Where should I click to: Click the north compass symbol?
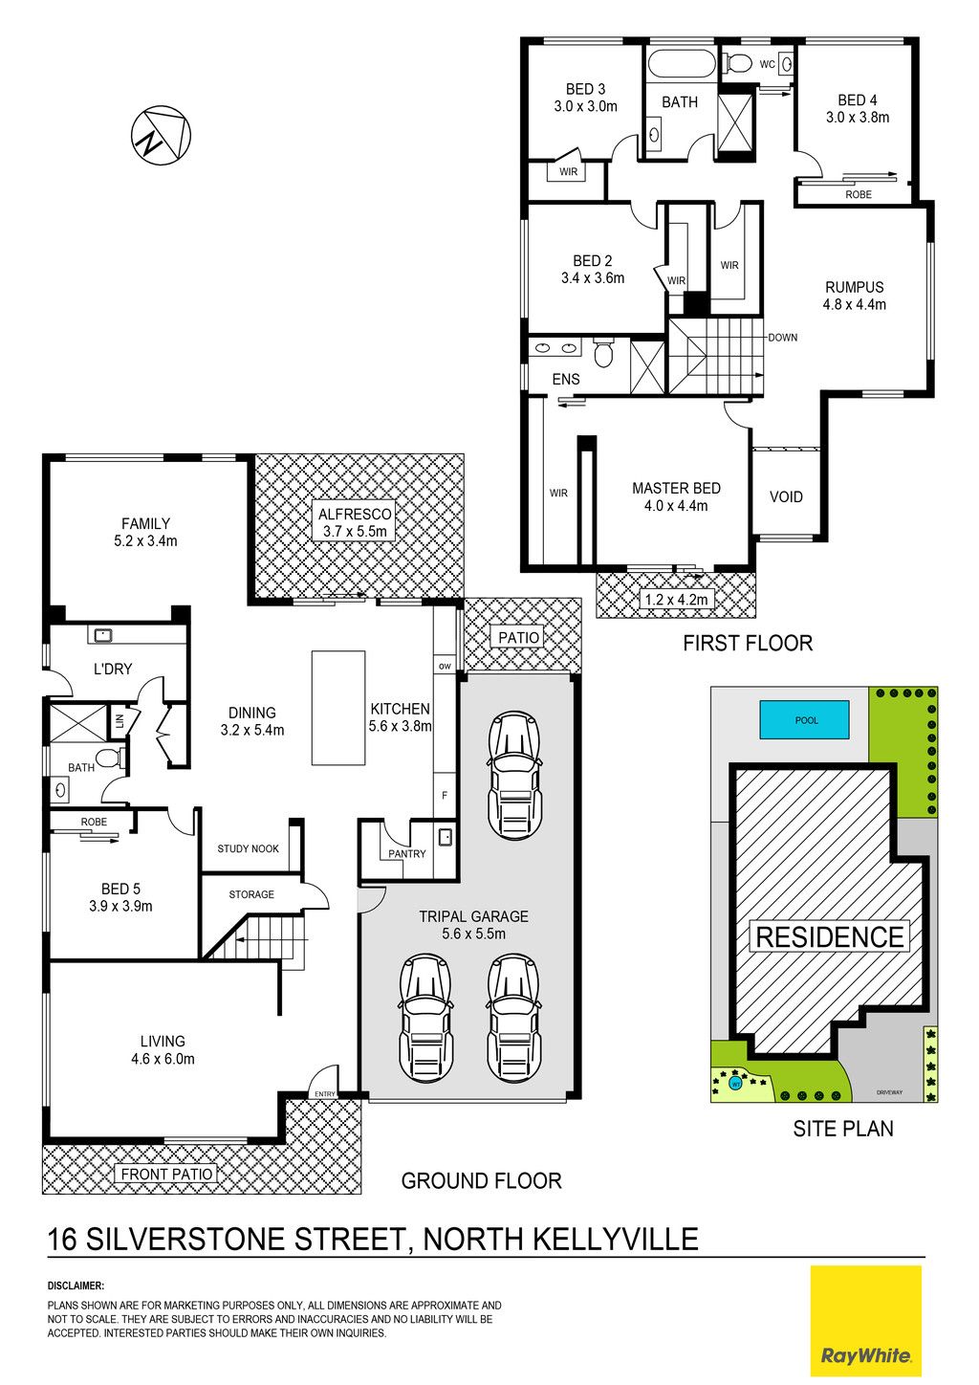click(161, 135)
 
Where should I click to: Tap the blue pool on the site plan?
click(804, 719)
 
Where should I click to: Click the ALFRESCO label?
click(355, 514)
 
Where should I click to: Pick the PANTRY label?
click(406, 854)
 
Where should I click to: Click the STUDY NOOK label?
click(248, 849)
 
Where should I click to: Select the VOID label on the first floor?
click(786, 496)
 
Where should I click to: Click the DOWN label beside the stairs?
click(782, 338)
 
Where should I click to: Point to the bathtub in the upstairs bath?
click(681, 65)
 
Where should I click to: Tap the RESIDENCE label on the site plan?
click(830, 936)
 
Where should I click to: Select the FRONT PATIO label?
click(167, 1174)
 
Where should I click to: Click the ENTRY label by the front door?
click(324, 1094)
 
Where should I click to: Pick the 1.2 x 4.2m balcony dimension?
click(676, 599)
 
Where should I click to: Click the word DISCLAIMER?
click(76, 1286)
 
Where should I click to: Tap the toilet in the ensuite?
click(602, 352)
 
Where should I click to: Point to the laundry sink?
click(102, 634)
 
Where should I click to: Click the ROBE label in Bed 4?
click(859, 194)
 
